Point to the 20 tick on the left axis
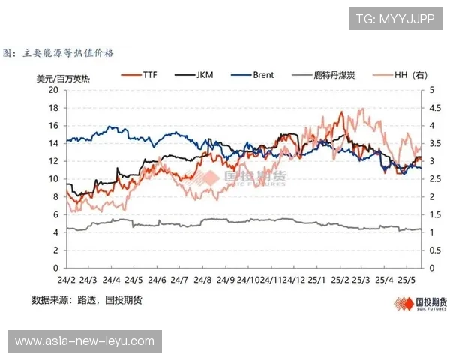(53, 89)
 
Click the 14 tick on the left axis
(53, 142)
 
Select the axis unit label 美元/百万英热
(63, 77)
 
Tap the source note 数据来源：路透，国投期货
(86, 300)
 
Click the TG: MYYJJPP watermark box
(395, 18)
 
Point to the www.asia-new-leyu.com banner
(84, 342)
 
